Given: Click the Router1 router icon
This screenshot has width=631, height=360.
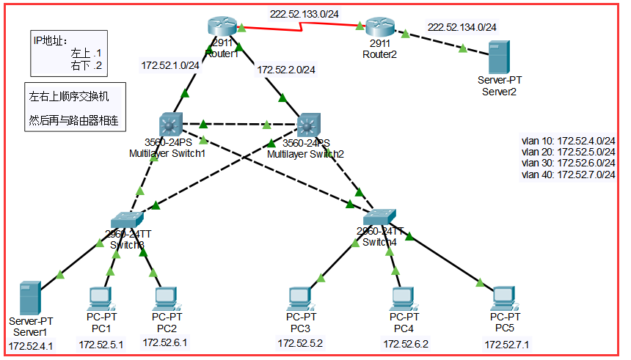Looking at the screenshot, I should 224,27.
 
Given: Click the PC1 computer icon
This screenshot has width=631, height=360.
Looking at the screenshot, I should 101,297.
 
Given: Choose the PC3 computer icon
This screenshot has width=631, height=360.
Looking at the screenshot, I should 299,297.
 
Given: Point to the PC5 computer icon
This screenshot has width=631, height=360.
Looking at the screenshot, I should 503,297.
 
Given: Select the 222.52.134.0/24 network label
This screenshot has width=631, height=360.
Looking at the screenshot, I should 462,27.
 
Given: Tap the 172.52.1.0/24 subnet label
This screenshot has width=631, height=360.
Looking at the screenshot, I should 170,65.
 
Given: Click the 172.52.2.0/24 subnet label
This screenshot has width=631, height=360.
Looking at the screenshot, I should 285,70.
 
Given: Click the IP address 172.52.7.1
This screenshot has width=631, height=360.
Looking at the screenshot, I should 506,345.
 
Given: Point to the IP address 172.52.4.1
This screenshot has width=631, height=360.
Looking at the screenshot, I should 31,345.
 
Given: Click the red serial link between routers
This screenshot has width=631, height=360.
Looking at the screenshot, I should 301,31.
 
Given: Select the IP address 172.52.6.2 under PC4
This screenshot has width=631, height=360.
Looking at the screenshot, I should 405,344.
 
